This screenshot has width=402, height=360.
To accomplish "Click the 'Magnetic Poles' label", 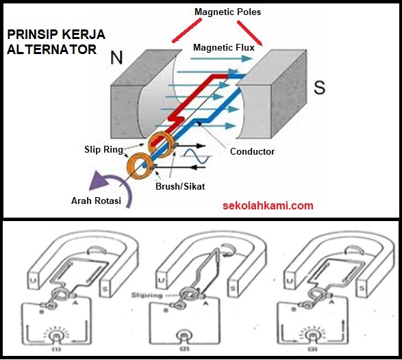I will [x=227, y=12].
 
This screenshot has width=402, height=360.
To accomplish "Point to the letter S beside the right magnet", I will [x=319, y=88].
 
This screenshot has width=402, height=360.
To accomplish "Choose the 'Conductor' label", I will [x=252, y=152].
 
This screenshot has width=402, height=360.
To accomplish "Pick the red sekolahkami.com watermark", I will [x=268, y=205].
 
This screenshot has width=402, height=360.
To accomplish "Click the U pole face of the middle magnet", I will [x=160, y=281].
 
